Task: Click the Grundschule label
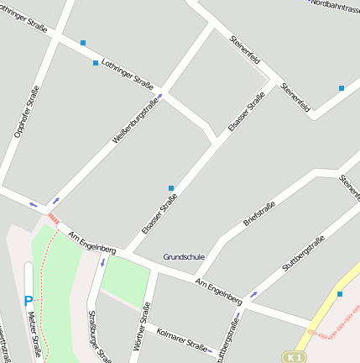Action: click(183, 256)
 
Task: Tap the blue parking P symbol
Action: click(29, 301)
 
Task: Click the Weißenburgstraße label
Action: click(134, 123)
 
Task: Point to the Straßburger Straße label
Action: click(99, 336)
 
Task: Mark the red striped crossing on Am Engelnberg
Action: click(53, 218)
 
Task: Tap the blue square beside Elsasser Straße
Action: click(171, 188)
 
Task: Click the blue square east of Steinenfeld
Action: click(342, 88)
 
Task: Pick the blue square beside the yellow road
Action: click(340, 294)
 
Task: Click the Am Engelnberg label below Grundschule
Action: click(218, 291)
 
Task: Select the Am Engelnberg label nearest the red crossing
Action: click(92, 243)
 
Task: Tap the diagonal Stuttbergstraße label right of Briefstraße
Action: click(303, 255)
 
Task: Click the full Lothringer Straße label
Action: click(126, 73)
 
